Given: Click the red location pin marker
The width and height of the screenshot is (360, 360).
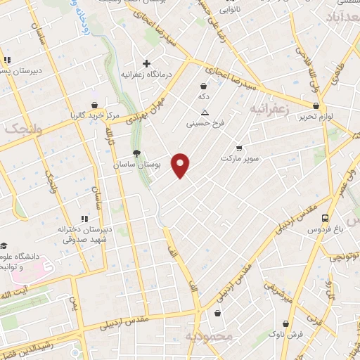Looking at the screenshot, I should pos(181,165).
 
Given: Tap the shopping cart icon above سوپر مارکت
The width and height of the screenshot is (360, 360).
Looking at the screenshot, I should pos(239,148).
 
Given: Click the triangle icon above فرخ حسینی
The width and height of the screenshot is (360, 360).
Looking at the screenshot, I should pos(205,112).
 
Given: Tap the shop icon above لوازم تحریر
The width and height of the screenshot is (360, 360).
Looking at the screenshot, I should pos(316,105).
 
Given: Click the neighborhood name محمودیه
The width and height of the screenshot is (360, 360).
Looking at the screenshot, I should pos(208,337).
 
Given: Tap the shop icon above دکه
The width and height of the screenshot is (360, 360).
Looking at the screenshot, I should pos(204,85).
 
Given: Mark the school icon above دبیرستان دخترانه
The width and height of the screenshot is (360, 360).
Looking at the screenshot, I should pos(86,219).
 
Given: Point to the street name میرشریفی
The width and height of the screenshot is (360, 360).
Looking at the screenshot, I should pos(277,294).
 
